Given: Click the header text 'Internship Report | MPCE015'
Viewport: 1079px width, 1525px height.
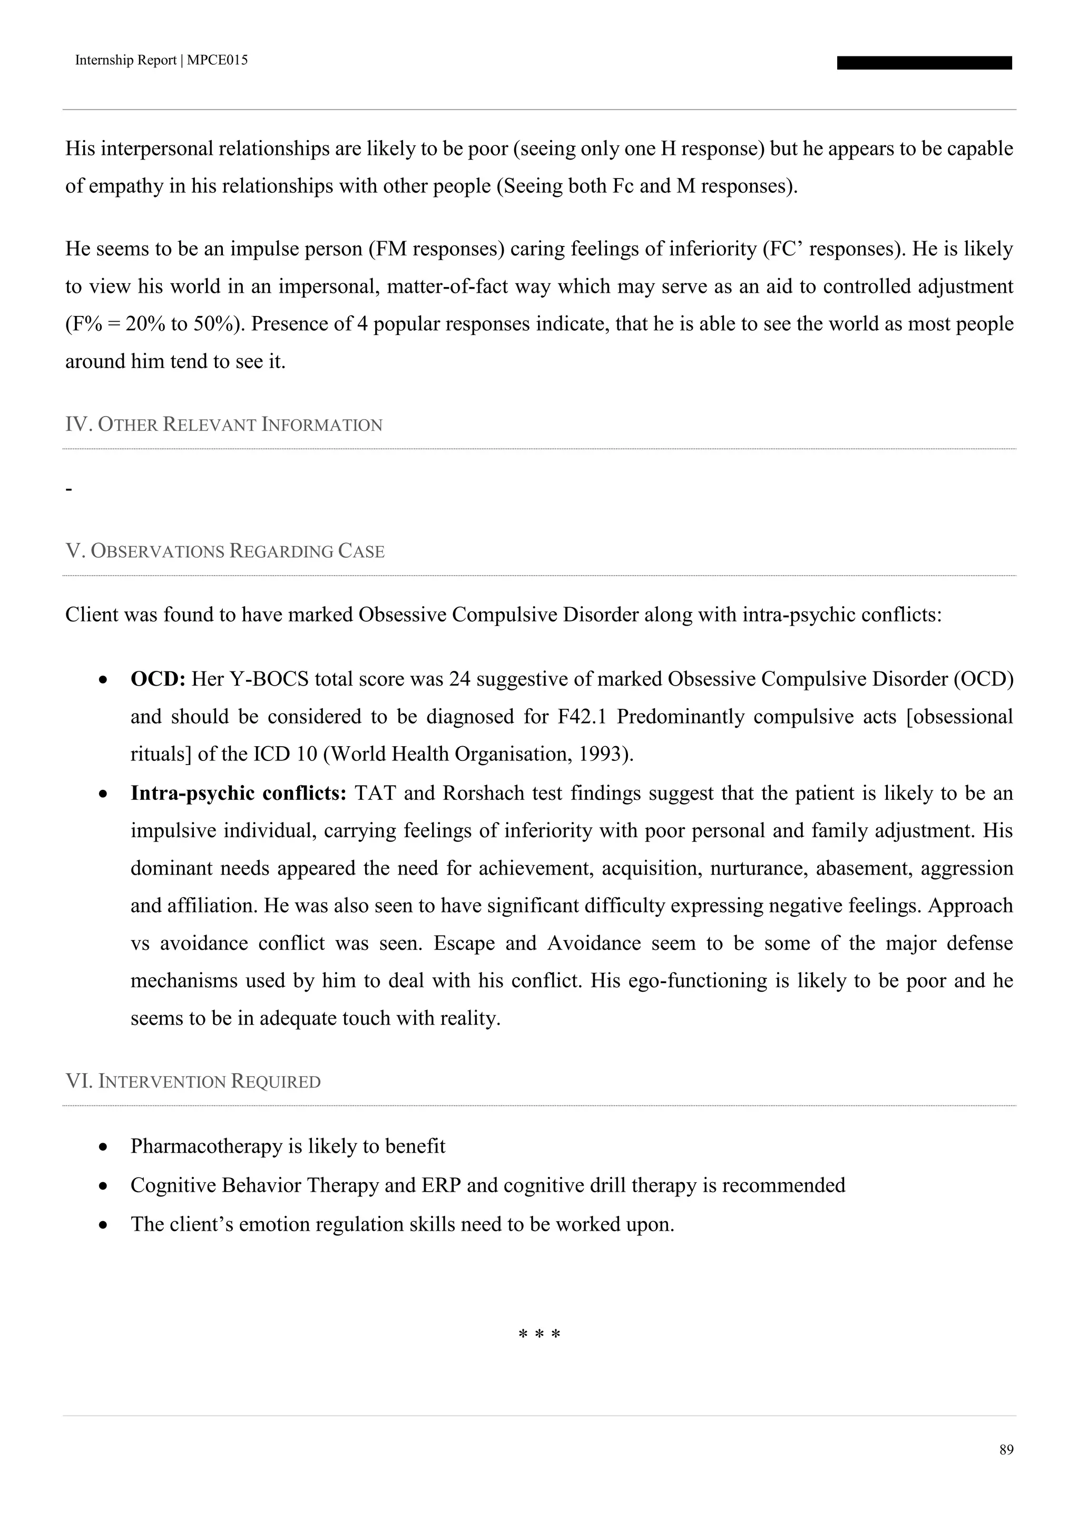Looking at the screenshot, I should [161, 61].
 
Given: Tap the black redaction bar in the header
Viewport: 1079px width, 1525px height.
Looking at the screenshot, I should [924, 63].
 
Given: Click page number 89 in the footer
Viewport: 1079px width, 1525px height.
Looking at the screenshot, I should [1006, 1449].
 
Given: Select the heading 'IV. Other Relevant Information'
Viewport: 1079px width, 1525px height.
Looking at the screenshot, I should [223, 424].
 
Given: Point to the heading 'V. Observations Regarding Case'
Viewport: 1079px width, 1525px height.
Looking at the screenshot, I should [224, 551].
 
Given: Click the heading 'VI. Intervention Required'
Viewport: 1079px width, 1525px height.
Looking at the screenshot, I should [193, 1081].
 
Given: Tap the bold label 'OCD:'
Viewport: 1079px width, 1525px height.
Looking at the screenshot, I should [158, 679].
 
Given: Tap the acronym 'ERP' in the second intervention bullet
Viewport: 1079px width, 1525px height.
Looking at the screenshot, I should [441, 1185].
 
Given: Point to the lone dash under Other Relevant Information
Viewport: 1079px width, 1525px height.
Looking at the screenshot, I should [68, 490].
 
